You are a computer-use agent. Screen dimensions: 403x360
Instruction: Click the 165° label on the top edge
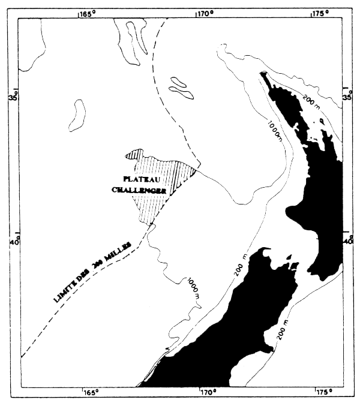coord(88,11)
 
